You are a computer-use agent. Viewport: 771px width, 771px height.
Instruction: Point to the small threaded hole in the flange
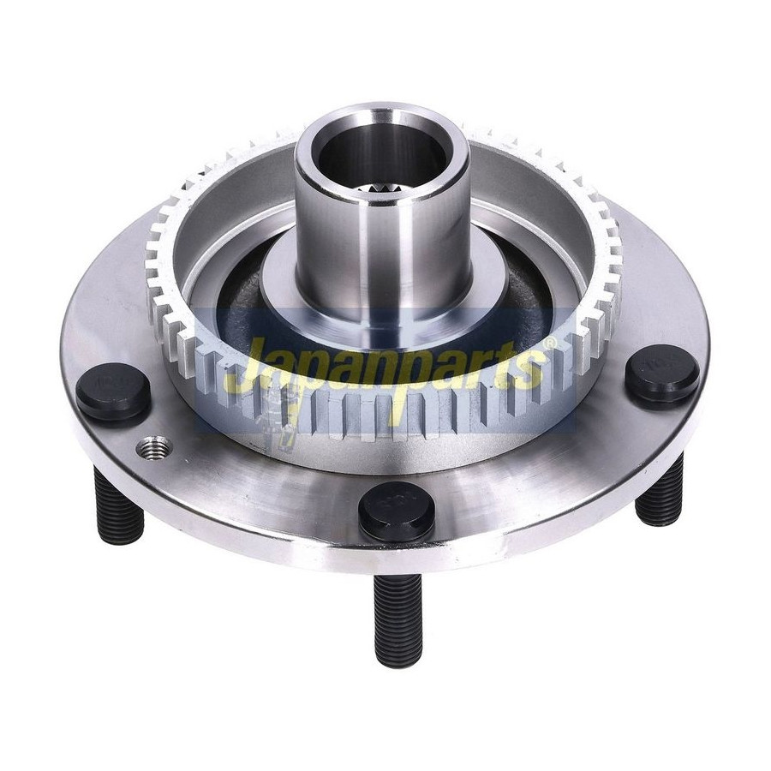point(153,447)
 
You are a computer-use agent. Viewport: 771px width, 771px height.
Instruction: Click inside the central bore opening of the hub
point(381,158)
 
